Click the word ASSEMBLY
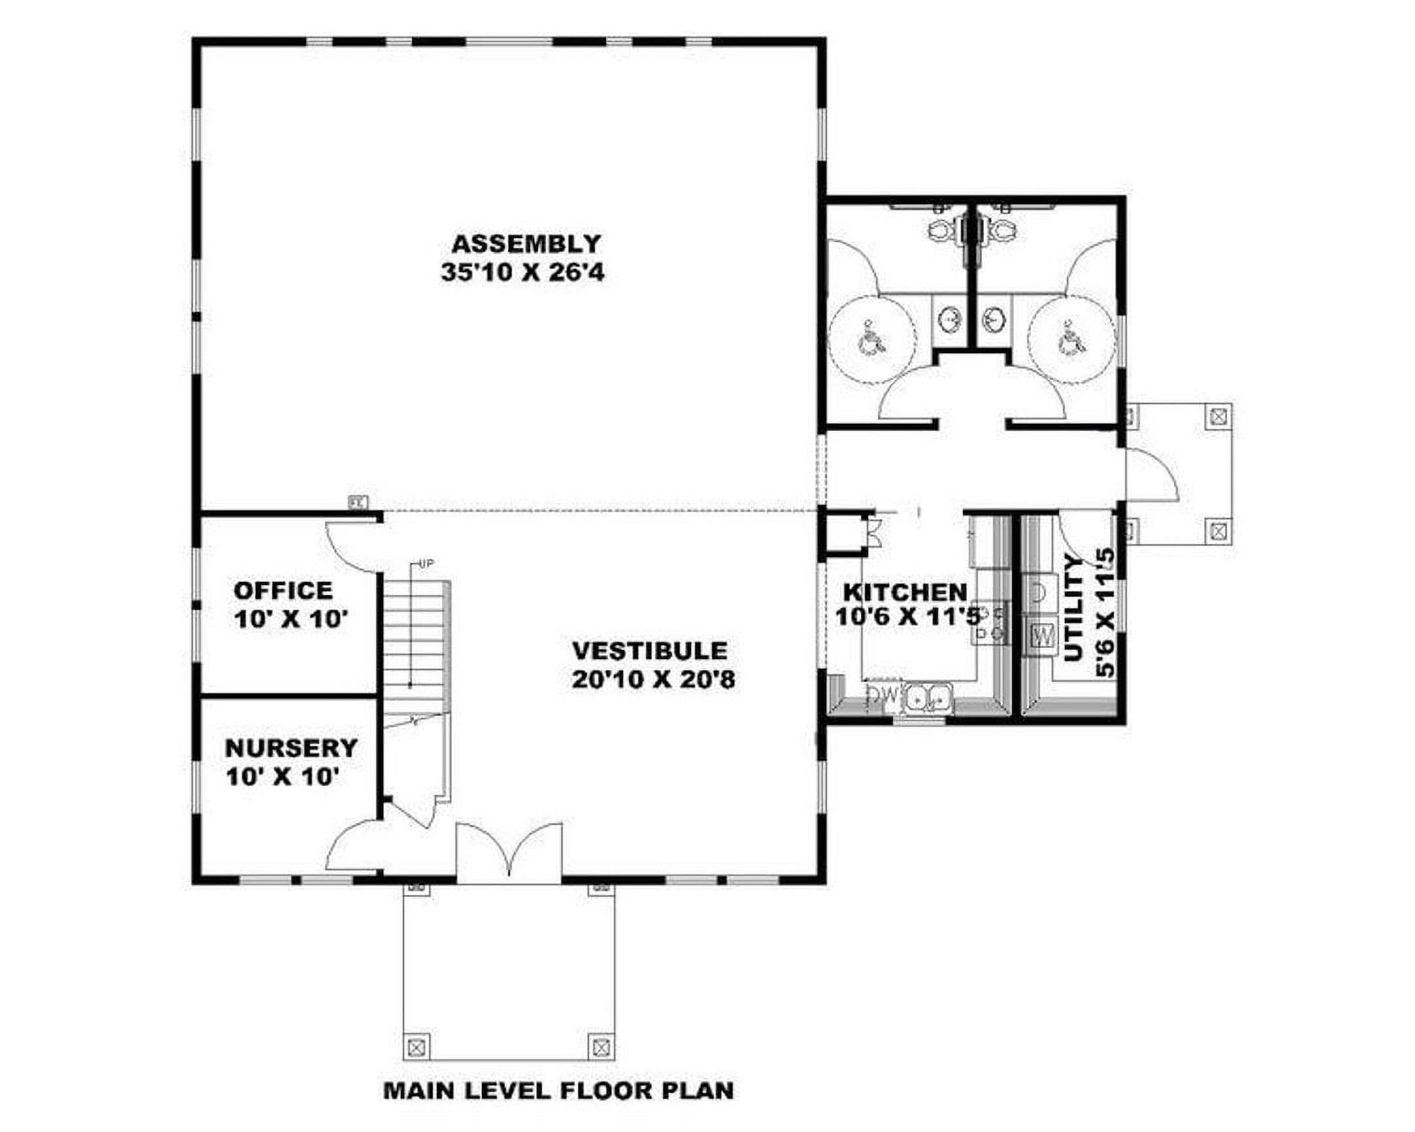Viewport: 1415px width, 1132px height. click(x=525, y=244)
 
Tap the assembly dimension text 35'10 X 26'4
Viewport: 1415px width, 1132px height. click(x=522, y=273)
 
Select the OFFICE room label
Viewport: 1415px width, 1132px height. click(x=284, y=591)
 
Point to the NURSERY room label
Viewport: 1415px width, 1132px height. click(x=291, y=748)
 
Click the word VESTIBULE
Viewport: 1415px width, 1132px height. click(x=650, y=651)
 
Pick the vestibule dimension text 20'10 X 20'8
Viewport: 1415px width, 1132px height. click(x=653, y=679)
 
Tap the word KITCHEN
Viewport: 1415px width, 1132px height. click(x=905, y=593)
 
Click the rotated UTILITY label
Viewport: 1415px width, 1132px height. click(x=1074, y=608)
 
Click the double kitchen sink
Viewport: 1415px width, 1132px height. click(x=929, y=698)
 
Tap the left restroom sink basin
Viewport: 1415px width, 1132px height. click(x=949, y=321)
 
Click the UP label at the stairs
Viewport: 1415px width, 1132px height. click(x=426, y=563)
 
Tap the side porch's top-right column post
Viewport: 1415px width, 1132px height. click(x=1218, y=416)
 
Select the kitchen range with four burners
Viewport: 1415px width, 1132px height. click(x=990, y=623)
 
